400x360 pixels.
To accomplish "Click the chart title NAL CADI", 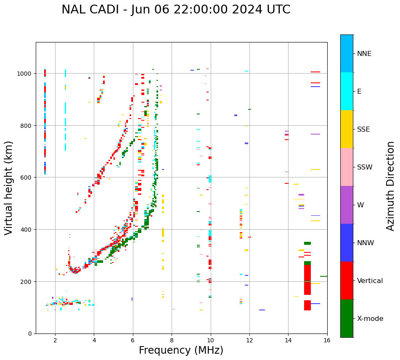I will click(176, 10).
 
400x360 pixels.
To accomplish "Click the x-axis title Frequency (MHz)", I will click(181, 350).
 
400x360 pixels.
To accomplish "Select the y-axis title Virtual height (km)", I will click(9, 188).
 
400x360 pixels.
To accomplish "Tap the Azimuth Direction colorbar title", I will click(391, 186).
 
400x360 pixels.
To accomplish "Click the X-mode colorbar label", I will click(370, 319).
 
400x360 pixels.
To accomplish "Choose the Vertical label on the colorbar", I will click(370, 281).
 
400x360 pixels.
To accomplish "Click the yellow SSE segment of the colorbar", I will click(347, 129).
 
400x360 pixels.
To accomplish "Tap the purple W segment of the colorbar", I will click(347, 205).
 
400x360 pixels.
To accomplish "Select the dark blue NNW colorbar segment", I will click(347, 243).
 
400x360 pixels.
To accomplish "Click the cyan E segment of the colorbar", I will click(347, 91).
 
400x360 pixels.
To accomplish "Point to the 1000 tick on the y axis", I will click(25, 74).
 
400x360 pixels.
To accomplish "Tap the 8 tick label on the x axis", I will click(172, 341).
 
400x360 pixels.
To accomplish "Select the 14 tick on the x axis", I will click(288, 341).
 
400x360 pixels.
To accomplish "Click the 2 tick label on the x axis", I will click(55, 341).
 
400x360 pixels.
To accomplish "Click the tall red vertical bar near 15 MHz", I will click(307, 280).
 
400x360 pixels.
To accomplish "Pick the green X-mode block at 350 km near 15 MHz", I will click(307, 243).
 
